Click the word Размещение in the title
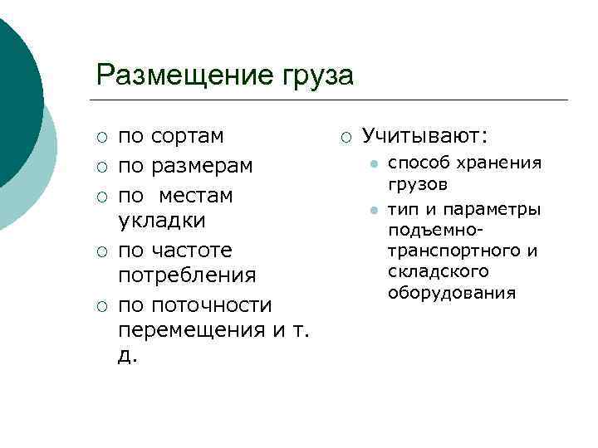pyautogui.click(x=179, y=75)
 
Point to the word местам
pyautogui.click(x=198, y=196)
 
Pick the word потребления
pyautogui.click(x=187, y=275)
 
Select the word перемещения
pyautogui.click(x=193, y=330)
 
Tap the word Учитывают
pyautogui.click(x=424, y=135)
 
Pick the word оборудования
pyautogui.click(x=452, y=293)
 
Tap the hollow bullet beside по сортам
pyautogui.click(x=101, y=137)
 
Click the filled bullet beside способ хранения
pyautogui.click(x=375, y=163)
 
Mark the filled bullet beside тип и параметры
pyautogui.click(x=375, y=210)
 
